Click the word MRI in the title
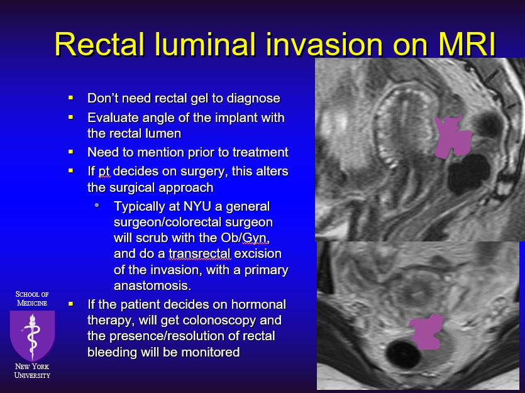[x=467, y=44]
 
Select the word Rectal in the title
[x=99, y=44]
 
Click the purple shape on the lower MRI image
[x=426, y=332]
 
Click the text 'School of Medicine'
[x=32, y=298]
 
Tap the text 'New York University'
[x=32, y=371]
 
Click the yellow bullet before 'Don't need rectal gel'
[x=70, y=97]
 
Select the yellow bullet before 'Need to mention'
[x=70, y=152]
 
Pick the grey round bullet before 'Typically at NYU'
[x=97, y=205]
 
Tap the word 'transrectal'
[x=200, y=253]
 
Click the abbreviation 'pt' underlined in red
[x=104, y=172]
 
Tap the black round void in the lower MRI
[x=403, y=355]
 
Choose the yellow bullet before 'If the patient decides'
[x=70, y=304]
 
